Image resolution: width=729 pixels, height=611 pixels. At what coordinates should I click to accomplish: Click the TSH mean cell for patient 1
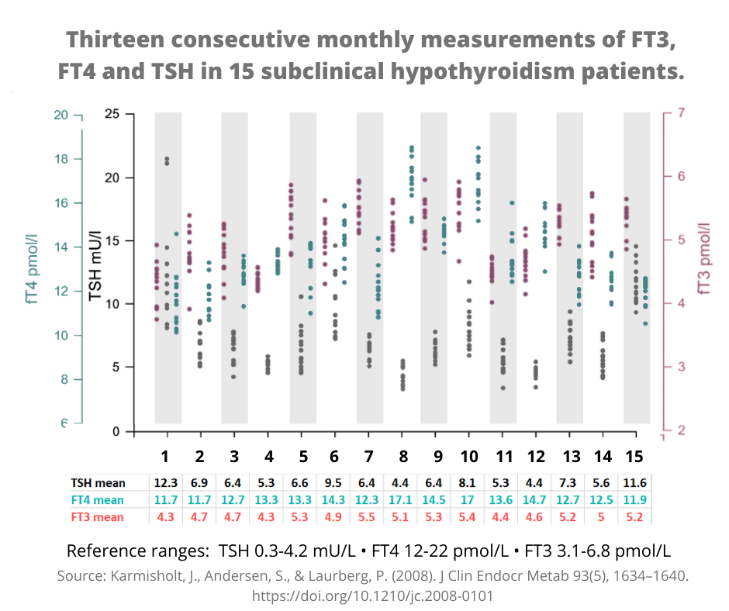click(165, 482)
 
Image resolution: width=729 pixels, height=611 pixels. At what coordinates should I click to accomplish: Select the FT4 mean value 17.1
click(402, 499)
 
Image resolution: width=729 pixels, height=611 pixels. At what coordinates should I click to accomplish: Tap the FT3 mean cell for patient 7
click(368, 516)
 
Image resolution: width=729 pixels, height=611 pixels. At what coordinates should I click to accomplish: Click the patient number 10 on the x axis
click(469, 454)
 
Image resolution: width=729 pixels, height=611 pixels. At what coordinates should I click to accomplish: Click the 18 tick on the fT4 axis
click(61, 159)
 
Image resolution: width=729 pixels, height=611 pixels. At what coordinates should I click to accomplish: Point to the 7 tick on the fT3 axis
click(680, 113)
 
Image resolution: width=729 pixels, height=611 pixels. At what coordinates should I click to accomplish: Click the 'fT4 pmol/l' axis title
click(33, 268)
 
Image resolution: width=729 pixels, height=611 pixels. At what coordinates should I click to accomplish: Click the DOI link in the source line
click(372, 596)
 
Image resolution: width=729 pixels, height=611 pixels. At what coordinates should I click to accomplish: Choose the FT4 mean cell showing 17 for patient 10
click(469, 499)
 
